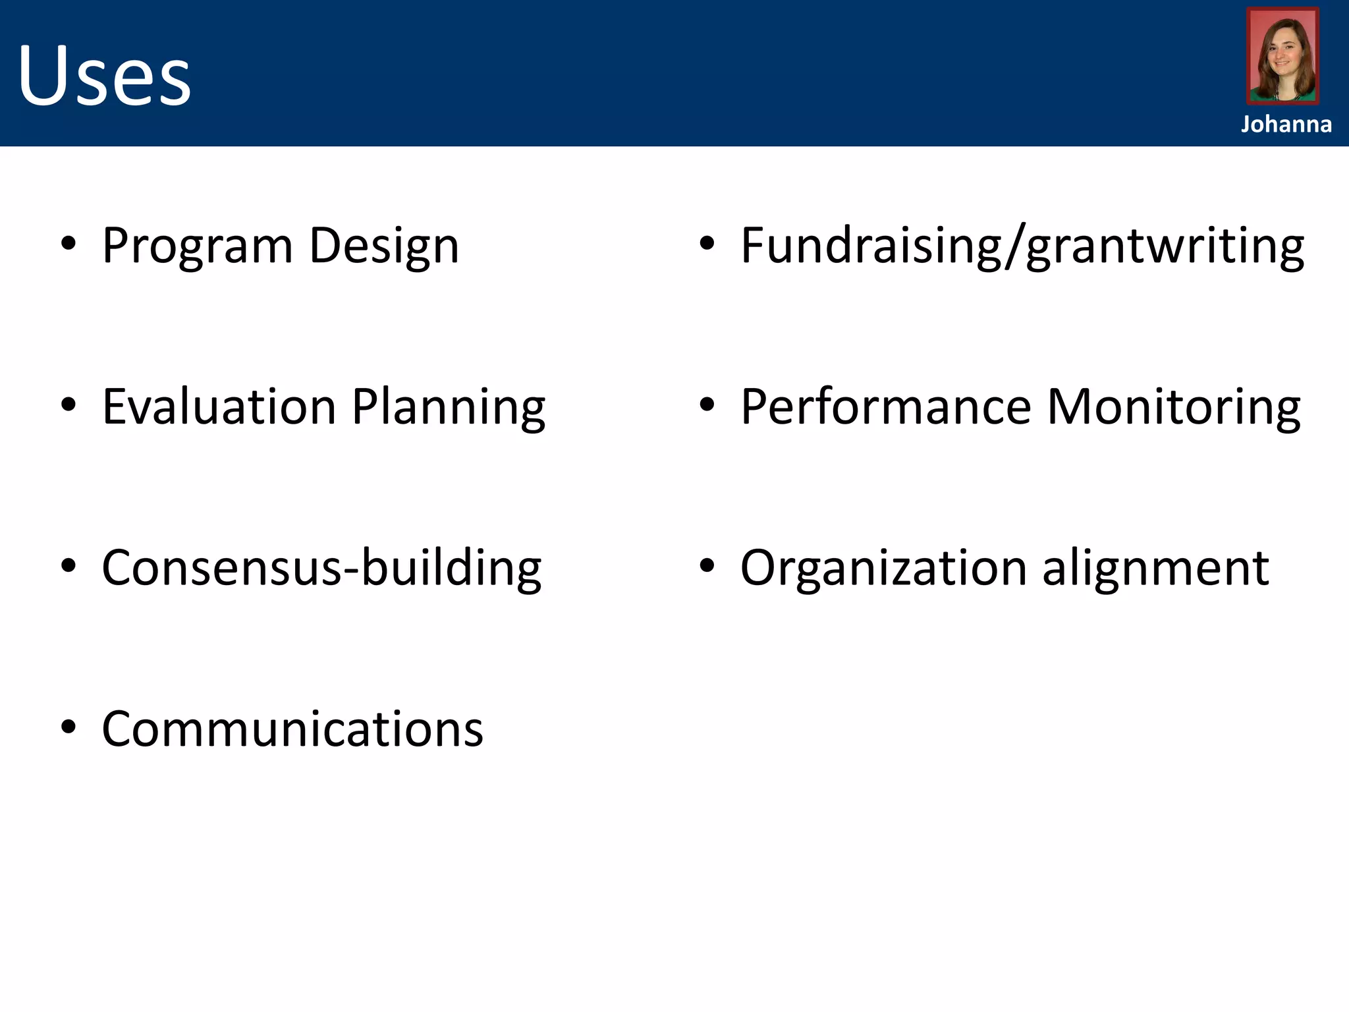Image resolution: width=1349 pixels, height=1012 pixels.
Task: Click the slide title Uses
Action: (x=104, y=74)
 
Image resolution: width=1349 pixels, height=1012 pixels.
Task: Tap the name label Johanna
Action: (x=1286, y=125)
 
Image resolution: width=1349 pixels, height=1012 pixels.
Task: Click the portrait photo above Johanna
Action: (x=1282, y=56)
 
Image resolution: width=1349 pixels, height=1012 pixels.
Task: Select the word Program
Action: (x=197, y=247)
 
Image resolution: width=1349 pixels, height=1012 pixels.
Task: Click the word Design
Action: (x=383, y=247)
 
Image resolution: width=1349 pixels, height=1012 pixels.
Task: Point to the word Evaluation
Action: (x=219, y=407)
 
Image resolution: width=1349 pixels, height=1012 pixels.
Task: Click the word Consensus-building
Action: (x=321, y=568)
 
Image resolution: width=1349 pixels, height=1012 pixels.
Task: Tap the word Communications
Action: (x=292, y=729)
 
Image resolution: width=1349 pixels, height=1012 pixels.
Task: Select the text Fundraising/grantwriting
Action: (x=1022, y=247)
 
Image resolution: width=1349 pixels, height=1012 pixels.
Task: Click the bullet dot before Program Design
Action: (x=69, y=244)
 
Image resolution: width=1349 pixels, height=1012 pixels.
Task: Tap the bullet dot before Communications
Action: (x=69, y=727)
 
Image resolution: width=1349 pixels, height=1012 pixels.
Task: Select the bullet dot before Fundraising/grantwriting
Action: (x=707, y=244)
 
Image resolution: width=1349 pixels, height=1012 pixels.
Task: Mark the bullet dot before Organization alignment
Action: (x=707, y=566)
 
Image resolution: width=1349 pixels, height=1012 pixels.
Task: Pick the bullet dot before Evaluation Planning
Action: (x=69, y=405)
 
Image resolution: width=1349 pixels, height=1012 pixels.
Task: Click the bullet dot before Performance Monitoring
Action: (x=707, y=405)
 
